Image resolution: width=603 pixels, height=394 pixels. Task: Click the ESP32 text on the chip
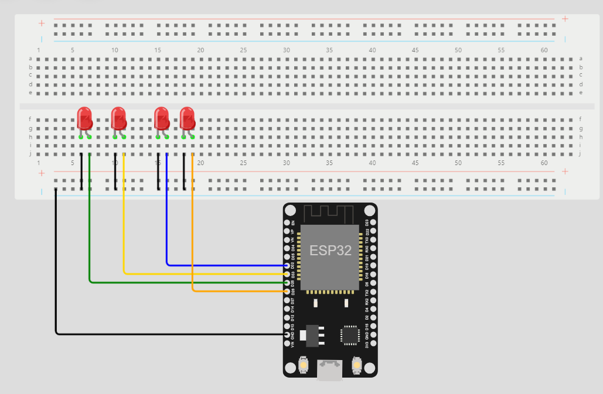330,251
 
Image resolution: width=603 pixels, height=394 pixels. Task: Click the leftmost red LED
84,119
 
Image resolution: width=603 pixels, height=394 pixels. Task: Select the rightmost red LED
187,119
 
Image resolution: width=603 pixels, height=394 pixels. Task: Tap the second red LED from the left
118,119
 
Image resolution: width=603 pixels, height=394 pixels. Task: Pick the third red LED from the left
161,119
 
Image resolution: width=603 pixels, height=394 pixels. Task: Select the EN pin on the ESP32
287,223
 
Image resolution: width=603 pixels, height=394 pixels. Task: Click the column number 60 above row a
544,50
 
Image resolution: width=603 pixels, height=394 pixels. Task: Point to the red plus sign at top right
565,19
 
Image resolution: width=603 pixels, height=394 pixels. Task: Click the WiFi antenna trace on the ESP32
330,213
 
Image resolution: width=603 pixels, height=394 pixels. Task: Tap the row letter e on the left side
30,93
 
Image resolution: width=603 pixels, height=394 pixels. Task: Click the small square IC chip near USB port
350,334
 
